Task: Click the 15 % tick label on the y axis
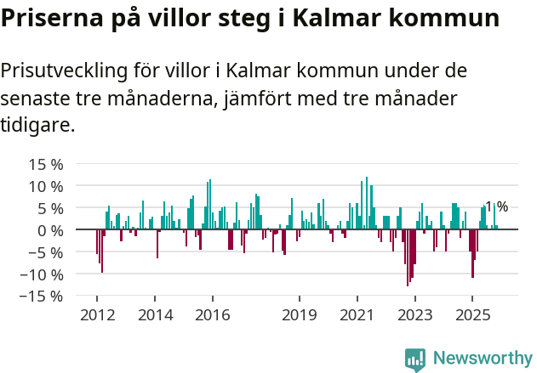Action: tap(46, 164)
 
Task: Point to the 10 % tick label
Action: tap(46, 186)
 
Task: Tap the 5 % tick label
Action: tap(50, 208)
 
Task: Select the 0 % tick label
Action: tap(50, 230)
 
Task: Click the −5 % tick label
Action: tap(46, 252)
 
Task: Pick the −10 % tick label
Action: tap(42, 274)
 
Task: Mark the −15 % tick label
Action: tap(42, 297)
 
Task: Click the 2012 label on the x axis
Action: tap(96, 315)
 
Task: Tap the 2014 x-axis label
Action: tap(155, 315)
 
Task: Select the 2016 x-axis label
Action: tap(213, 315)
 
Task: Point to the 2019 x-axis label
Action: tap(300, 315)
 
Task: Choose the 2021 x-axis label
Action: tap(357, 315)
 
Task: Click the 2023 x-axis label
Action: tap(415, 315)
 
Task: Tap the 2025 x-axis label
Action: tap(473, 315)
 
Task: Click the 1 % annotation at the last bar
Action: tap(497, 206)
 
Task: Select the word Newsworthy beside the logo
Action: tap(483, 358)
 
